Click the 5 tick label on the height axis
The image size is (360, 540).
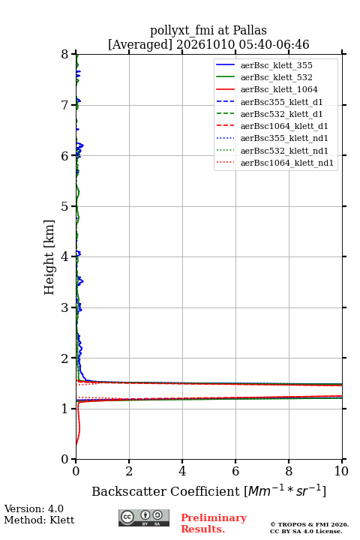point(64,207)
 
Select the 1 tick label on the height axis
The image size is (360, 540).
point(64,409)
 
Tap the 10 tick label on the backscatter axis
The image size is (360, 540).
point(341,471)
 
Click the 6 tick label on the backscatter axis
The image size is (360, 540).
point(235,471)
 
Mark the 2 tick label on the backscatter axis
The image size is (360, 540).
point(129,471)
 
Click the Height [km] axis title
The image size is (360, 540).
point(49,257)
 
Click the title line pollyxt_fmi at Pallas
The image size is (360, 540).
point(208,30)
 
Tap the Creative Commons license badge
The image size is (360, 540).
point(144,517)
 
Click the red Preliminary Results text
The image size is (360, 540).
point(214,523)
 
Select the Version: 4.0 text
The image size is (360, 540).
point(34,509)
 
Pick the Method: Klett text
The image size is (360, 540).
point(39,520)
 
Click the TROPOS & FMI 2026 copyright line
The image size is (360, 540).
point(309,524)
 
